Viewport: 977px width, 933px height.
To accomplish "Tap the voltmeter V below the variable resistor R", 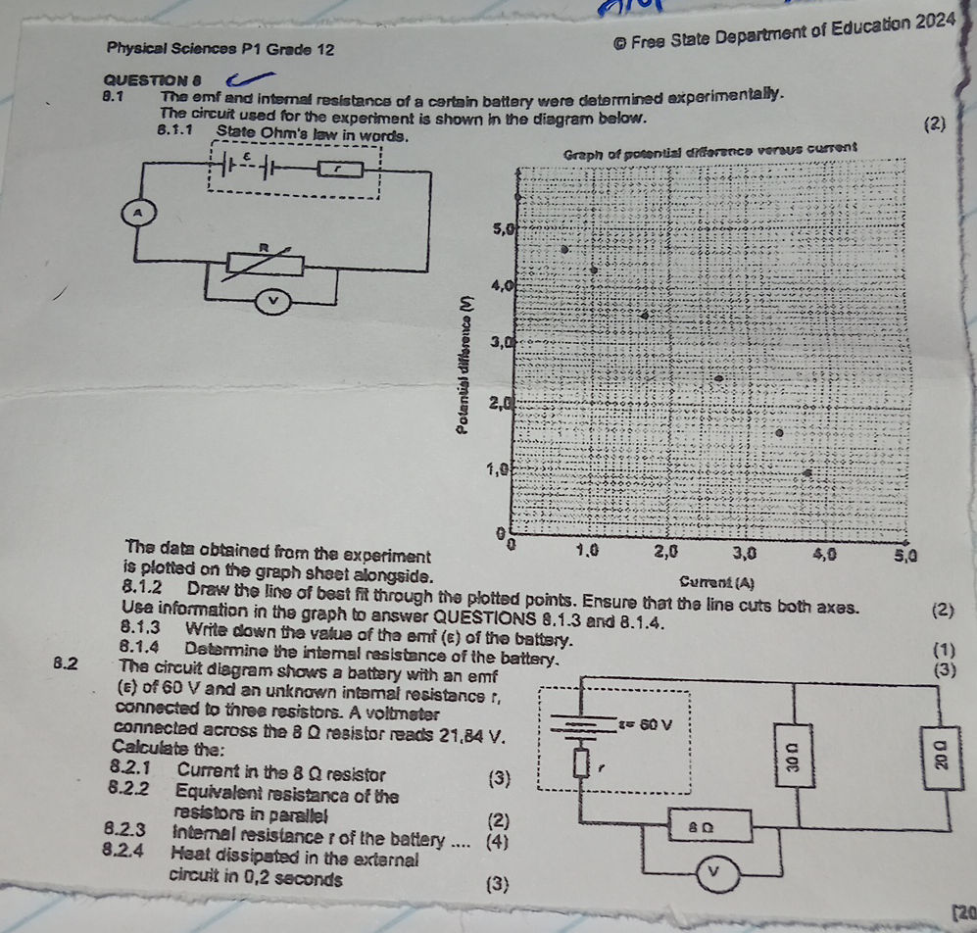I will [273, 300].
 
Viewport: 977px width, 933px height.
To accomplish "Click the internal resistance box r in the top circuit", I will [336, 171].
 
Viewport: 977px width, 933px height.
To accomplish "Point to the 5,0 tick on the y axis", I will [502, 229].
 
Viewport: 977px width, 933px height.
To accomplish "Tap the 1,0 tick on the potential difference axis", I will [498, 470].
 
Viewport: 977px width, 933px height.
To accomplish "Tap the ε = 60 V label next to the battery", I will [648, 724].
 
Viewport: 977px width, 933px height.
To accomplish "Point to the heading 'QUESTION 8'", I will [146, 80].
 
